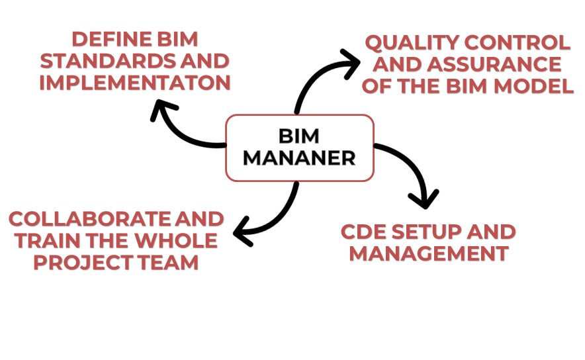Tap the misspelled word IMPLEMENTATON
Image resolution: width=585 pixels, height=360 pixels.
point(134,83)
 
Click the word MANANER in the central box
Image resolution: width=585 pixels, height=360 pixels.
point(299,159)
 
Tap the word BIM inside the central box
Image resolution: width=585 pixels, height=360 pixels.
point(299,137)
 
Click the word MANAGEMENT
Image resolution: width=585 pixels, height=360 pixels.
point(429,253)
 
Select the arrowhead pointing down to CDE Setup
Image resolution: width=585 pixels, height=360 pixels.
point(424,199)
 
